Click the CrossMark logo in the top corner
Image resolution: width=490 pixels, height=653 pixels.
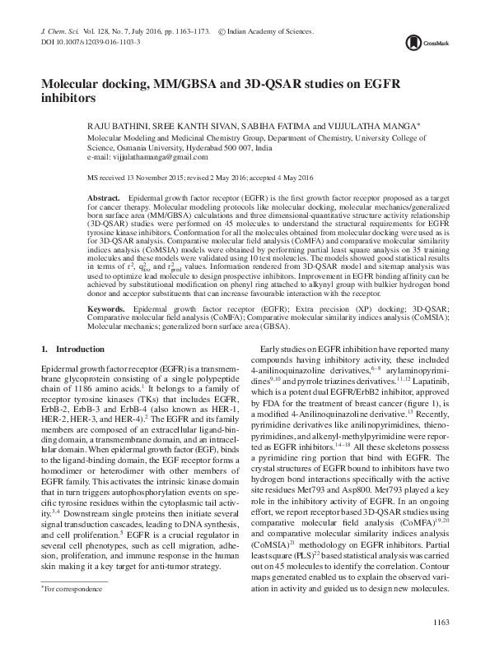(x=432, y=39)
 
